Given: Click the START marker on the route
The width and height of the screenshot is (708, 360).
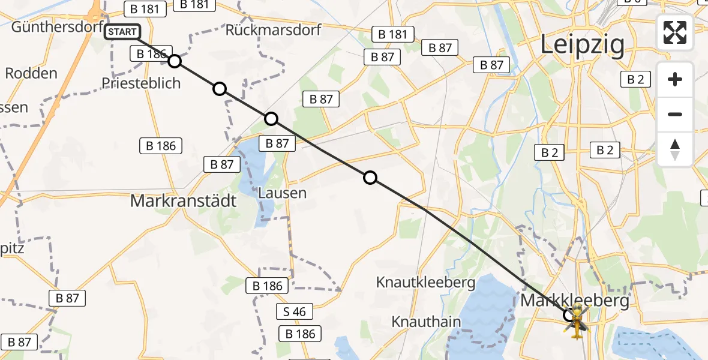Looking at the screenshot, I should click(122, 32).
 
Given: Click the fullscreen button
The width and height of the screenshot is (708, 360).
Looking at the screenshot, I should click(675, 32).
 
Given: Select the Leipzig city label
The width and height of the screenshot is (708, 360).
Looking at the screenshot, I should click(582, 45).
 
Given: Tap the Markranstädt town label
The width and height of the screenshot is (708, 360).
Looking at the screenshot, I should click(184, 201).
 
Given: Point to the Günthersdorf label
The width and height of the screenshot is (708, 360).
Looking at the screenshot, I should click(49, 27).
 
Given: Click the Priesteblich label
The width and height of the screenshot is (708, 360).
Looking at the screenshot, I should click(141, 83).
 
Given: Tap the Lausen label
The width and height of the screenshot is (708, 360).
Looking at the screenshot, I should click(283, 193).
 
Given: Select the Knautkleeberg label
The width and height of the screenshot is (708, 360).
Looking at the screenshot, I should click(434, 282).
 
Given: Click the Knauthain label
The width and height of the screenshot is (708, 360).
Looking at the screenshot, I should click(427, 322).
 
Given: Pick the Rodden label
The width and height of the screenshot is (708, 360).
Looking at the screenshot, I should click(31, 74).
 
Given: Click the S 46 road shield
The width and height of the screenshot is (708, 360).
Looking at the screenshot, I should click(294, 311).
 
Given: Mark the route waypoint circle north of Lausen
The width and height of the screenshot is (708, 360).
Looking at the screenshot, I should click(271, 118).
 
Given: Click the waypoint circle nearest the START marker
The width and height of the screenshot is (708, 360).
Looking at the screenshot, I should click(174, 61).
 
